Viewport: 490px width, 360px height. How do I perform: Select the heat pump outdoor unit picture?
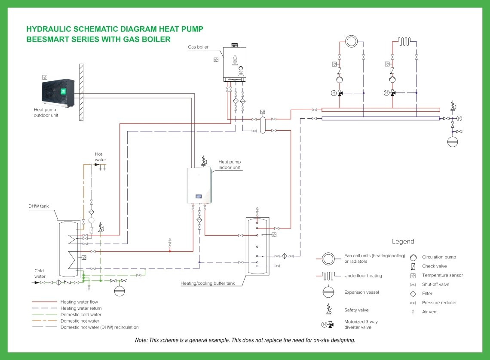pyautogui.click(x=58, y=92)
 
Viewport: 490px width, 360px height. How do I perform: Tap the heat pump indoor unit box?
pyautogui.click(x=200, y=185)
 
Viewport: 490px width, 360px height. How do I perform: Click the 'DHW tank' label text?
pyautogui.click(x=39, y=206)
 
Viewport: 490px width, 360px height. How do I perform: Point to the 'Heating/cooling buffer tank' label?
pyautogui.click(x=208, y=283)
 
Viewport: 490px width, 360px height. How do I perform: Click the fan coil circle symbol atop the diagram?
pyautogui.click(x=352, y=42)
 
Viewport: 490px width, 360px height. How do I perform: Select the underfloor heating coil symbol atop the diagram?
pyautogui.click(x=404, y=42)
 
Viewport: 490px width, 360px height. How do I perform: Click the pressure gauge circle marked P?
pyautogui.click(x=459, y=118)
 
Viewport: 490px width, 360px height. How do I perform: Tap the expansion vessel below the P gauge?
pyautogui.click(x=453, y=142)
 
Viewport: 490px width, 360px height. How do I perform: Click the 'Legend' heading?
pyautogui.click(x=403, y=242)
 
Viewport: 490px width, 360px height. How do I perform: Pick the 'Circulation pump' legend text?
pyautogui.click(x=439, y=257)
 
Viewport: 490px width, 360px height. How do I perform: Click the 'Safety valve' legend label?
pyautogui.click(x=356, y=310)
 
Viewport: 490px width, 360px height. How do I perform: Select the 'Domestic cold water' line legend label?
pyautogui.click(x=81, y=315)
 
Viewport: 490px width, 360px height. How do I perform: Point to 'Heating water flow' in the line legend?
pyautogui.click(x=79, y=302)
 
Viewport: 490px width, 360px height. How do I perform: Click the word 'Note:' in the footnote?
pyautogui.click(x=141, y=340)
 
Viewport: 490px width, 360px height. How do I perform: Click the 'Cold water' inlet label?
pyautogui.click(x=40, y=274)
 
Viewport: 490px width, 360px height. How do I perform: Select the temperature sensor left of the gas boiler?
pyautogui.click(x=216, y=60)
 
